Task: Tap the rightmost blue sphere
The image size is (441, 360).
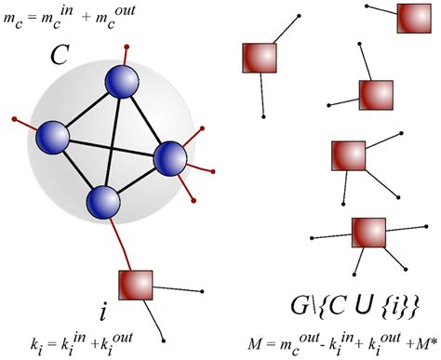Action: point(169,158)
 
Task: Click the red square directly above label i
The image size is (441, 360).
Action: point(135,285)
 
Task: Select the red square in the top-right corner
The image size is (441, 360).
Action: point(412,18)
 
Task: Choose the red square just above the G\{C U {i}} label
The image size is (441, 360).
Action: point(368,233)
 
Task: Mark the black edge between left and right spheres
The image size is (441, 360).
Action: point(112,148)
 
